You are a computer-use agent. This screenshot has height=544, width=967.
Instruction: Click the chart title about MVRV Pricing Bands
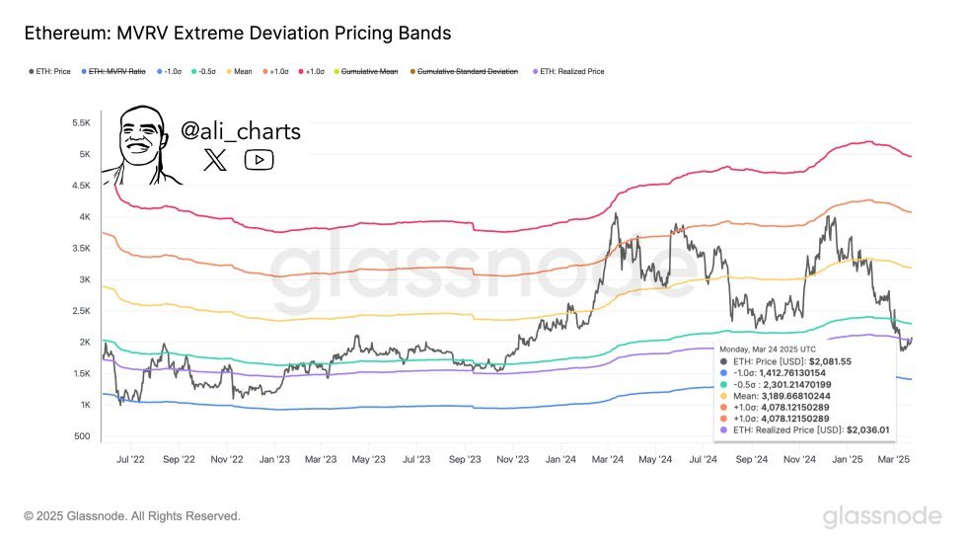(x=237, y=34)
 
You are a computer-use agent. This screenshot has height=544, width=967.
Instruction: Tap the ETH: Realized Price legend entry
(x=571, y=72)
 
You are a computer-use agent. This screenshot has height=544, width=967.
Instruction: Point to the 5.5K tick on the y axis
(x=81, y=123)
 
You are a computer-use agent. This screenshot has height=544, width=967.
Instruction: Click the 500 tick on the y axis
(x=83, y=436)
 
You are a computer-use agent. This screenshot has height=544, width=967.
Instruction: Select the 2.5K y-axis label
(x=81, y=311)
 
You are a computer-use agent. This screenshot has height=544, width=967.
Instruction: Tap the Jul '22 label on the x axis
(x=130, y=459)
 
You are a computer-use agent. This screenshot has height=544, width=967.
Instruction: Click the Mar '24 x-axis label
(x=608, y=459)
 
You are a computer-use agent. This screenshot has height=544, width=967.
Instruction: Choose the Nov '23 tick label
(x=513, y=459)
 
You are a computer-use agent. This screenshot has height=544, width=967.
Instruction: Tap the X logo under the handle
(x=214, y=160)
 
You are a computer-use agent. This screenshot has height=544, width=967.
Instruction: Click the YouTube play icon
(x=259, y=160)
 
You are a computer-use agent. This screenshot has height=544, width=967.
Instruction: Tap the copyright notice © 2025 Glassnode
(x=132, y=516)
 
